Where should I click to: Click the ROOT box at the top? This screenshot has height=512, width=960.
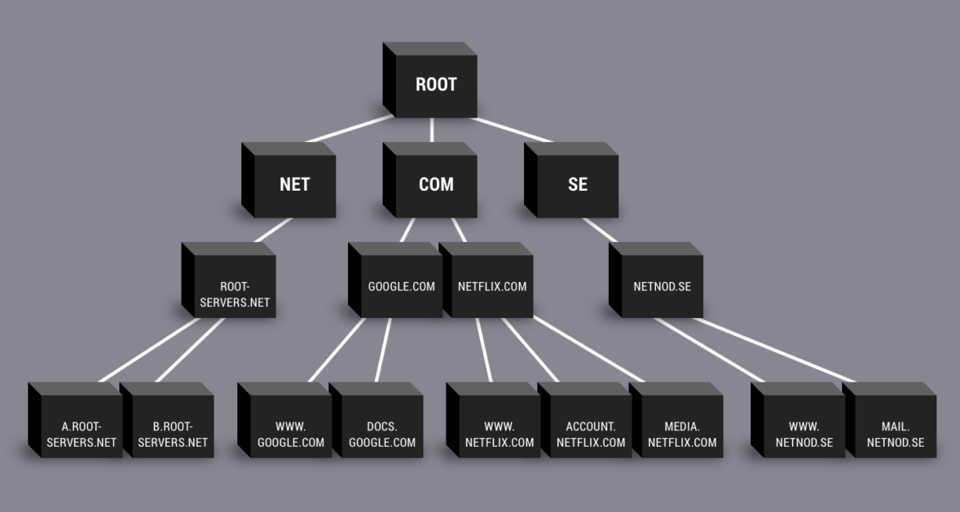tap(435, 85)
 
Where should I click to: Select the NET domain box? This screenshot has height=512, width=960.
tap(294, 184)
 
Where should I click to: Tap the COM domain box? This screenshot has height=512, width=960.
tap(436, 184)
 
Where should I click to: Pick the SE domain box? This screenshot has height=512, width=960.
tap(577, 184)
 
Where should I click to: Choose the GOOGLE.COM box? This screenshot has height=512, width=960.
tap(401, 286)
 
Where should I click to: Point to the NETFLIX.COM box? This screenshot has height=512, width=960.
tap(492, 286)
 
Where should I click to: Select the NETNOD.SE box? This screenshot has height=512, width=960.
tap(662, 286)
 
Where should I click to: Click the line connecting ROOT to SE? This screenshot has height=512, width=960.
tap(513, 130)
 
